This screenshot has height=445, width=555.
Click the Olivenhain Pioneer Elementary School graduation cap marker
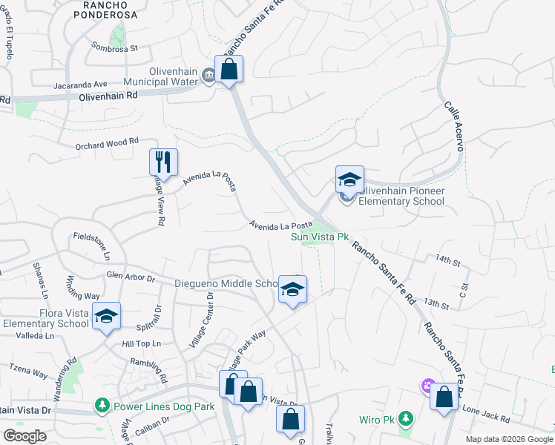(349, 179)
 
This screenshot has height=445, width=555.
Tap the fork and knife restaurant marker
(164, 162)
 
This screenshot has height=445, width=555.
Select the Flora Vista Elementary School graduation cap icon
(106, 317)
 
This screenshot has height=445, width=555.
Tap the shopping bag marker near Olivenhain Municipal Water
(229, 70)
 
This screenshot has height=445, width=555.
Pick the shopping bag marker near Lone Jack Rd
(444, 397)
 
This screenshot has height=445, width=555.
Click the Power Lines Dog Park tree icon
(102, 406)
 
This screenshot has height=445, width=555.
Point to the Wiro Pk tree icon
(405, 420)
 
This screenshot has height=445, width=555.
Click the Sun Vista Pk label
(319, 237)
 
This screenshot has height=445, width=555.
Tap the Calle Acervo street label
(453, 126)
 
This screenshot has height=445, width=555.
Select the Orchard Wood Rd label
(107, 142)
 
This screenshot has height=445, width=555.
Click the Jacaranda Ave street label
(81, 85)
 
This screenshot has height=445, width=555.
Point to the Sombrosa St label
(115, 47)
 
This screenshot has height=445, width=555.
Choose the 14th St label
(448, 261)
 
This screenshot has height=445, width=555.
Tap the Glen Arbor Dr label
(130, 277)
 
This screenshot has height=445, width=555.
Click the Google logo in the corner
(24, 436)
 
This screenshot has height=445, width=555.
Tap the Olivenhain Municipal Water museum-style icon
(208, 75)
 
